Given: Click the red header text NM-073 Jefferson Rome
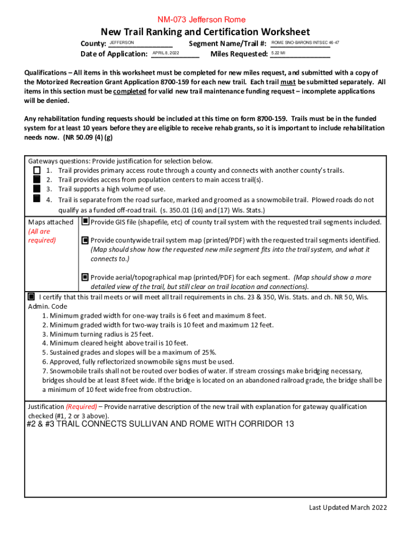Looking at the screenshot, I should pos(204,20).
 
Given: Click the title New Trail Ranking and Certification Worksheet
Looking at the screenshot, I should pos(205,32).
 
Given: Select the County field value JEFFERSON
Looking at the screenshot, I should pos(122,42).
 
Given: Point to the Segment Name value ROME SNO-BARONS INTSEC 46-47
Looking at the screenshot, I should pos(305,42).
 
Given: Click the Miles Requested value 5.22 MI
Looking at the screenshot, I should pos(278,53).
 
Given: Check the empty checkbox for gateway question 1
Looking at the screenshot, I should pos(36,170).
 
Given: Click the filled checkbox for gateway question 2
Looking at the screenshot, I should pos(36,179).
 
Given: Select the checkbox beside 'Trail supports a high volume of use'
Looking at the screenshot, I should pos(36,188).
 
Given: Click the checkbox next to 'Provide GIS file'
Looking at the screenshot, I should pos(85,221).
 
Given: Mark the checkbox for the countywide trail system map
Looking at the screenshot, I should pos(85,240).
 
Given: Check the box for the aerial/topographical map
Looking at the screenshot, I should pos(85,277).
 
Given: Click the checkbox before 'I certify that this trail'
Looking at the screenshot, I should pos(31,296).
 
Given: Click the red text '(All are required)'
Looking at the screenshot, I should pos(39,236).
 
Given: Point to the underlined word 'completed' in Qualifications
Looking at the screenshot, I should pos(130,91).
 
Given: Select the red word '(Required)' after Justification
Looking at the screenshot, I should pos(81,406).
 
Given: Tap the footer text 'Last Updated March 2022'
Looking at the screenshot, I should pos(347,507).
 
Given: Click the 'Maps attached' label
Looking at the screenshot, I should pos(51,222).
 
